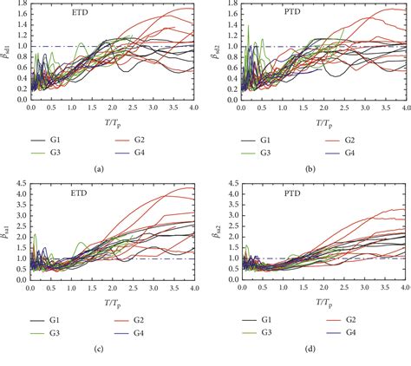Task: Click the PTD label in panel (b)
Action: [x=261, y=15]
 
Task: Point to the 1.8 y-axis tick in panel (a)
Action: [x=20, y=4]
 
